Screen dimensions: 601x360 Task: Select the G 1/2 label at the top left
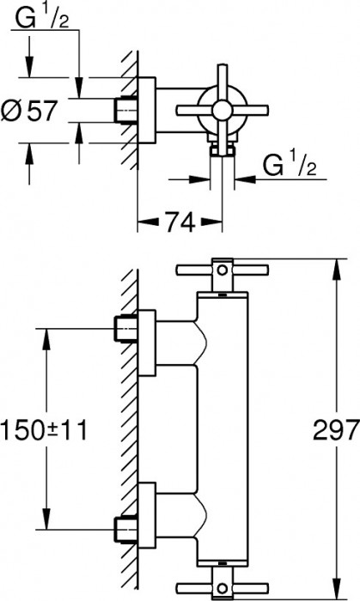point(41,17)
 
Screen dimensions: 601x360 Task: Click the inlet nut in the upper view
point(125,109)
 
